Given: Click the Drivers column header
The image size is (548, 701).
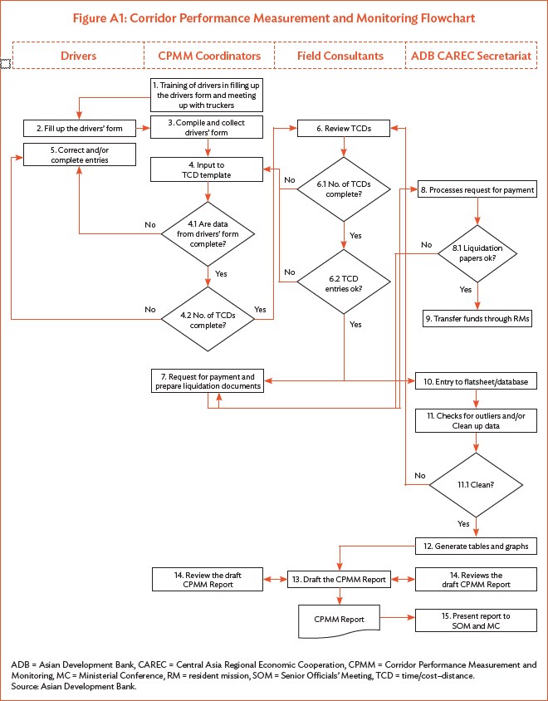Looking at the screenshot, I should [79, 56].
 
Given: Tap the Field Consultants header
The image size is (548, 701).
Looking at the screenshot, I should [340, 56].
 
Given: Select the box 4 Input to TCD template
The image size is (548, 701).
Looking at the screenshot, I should [206, 169].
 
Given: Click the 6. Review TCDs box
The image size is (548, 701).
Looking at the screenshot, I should [344, 128].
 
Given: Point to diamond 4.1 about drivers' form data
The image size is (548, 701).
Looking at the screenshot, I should [206, 233].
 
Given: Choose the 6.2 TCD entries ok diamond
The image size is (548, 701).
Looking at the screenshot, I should [344, 282].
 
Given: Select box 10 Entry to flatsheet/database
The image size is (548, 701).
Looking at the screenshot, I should [477, 381].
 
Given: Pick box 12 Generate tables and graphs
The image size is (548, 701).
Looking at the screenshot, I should [477, 546].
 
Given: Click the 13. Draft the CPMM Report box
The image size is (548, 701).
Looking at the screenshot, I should [339, 579].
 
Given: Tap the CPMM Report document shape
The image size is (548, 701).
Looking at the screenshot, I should [339, 620].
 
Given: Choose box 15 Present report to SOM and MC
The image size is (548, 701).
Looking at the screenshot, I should [477, 620].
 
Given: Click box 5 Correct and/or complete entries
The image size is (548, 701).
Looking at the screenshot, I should [79, 154].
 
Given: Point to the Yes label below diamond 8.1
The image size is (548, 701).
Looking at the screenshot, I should [466, 290].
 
